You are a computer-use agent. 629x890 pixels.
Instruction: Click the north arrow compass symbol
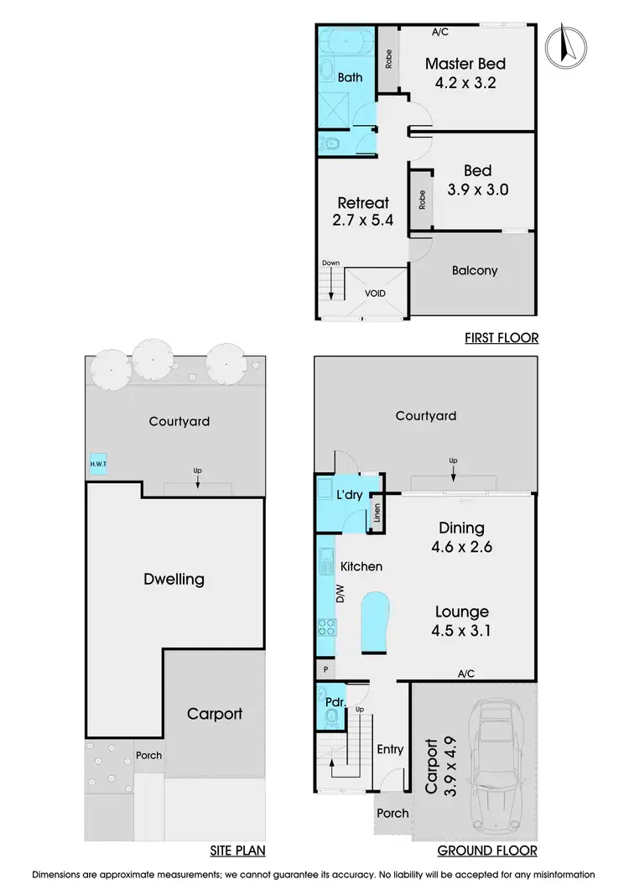pyautogui.click(x=564, y=46)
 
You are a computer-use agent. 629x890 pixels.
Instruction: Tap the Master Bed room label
pyautogui.click(x=465, y=64)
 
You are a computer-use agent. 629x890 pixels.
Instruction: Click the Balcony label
pyautogui.click(x=474, y=271)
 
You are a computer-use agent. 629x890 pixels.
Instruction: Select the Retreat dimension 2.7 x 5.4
pyautogui.click(x=363, y=220)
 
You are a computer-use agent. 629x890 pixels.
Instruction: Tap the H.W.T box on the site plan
pyautogui.click(x=98, y=463)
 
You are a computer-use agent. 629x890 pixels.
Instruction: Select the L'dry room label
pyautogui.click(x=349, y=495)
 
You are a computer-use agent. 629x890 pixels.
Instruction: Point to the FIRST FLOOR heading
pyautogui.click(x=501, y=338)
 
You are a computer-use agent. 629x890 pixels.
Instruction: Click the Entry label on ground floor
pyautogui.click(x=390, y=750)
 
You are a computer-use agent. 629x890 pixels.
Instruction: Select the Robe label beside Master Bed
pyautogui.click(x=387, y=59)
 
